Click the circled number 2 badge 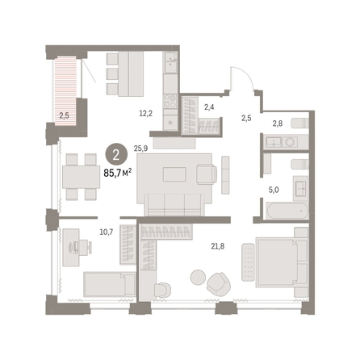pos(116,155)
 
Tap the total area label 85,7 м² pos(118,173)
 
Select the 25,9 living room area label pos(140,149)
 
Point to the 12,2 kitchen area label pos(146,113)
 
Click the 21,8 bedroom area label pos(218,246)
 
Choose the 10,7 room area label pos(107,232)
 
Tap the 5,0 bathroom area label pos(274,190)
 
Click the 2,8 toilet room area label pos(278,123)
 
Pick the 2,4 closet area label pos(209,107)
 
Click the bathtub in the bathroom pos(287,211)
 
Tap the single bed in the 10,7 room pos(109,284)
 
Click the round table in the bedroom pos(198,277)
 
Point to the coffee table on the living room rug pos(174,174)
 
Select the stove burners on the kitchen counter pos(170,101)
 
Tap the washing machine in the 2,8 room pos(290,142)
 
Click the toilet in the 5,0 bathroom pos(299,164)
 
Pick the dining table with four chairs pos(81,177)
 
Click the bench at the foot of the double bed pos(248,262)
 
